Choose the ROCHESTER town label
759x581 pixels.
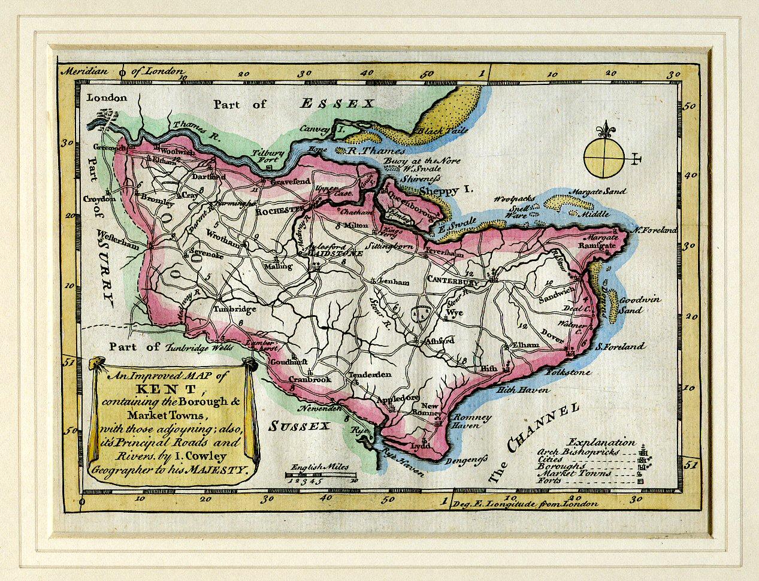tap(277, 211)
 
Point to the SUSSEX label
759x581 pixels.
tap(299, 426)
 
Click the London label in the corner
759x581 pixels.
tap(107, 98)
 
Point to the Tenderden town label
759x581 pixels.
tap(370, 374)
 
